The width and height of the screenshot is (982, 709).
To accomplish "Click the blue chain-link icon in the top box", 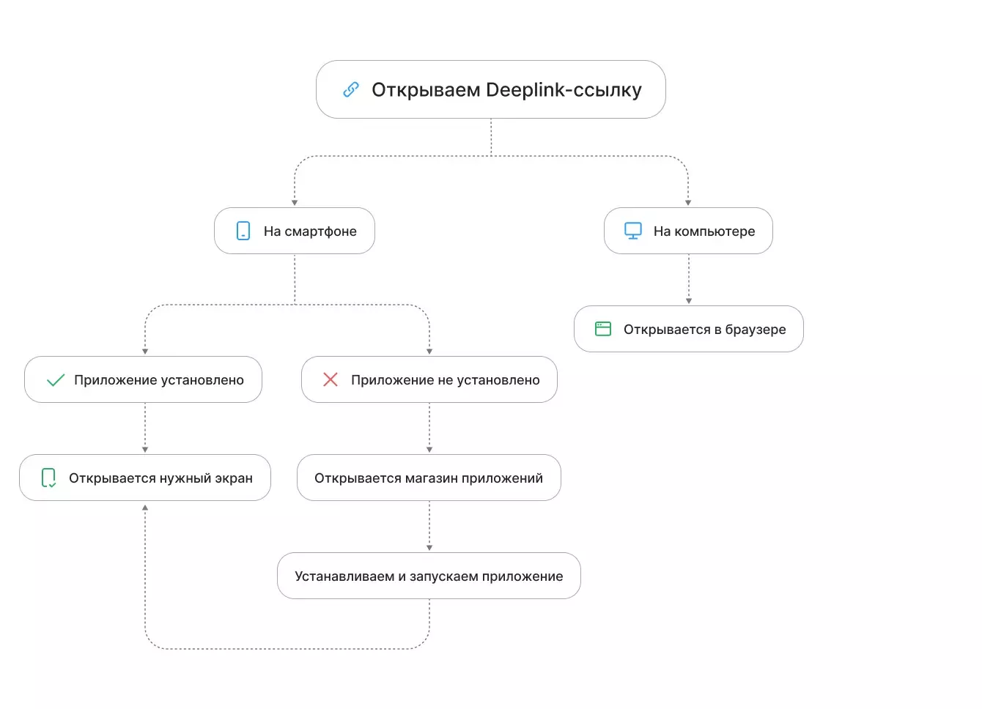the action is pyautogui.click(x=351, y=89).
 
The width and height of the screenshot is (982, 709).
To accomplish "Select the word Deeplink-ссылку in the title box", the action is pyautogui.click(x=564, y=90).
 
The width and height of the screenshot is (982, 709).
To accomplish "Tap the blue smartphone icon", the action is pyautogui.click(x=243, y=231).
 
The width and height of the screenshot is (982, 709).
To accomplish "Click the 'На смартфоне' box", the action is pyautogui.click(x=295, y=231).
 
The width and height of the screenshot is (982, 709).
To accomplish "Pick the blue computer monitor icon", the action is pyautogui.click(x=633, y=231).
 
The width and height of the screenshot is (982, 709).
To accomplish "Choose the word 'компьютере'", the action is pyautogui.click(x=715, y=231).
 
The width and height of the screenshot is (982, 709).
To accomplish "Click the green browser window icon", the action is pyautogui.click(x=603, y=329).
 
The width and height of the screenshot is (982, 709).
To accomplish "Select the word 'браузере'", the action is pyautogui.click(x=756, y=330).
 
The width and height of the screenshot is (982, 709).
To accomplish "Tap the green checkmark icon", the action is pyautogui.click(x=56, y=380).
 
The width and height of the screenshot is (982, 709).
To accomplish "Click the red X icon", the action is pyautogui.click(x=331, y=379).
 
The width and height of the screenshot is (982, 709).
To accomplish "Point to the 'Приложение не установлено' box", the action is pyautogui.click(x=429, y=379).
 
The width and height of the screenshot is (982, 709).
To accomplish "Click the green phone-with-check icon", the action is pyautogui.click(x=48, y=478).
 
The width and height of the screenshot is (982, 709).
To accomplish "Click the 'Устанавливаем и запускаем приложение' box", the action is pyautogui.click(x=429, y=576).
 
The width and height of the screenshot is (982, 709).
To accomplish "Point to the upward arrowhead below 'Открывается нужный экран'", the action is pyautogui.click(x=145, y=508).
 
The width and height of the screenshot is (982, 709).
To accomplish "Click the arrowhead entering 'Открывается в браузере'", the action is pyautogui.click(x=689, y=301).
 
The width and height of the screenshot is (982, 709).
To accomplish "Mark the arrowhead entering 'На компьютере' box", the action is pyautogui.click(x=688, y=203).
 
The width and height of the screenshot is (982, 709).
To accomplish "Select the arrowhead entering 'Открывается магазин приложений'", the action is pyautogui.click(x=429, y=450).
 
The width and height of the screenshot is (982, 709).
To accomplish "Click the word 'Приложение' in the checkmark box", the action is pyautogui.click(x=115, y=380).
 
